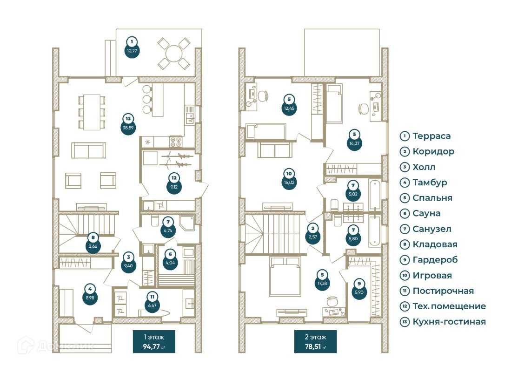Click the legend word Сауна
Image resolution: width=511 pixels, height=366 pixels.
tap(424, 213)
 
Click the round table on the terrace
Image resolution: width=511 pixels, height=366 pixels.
tap(173, 53)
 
